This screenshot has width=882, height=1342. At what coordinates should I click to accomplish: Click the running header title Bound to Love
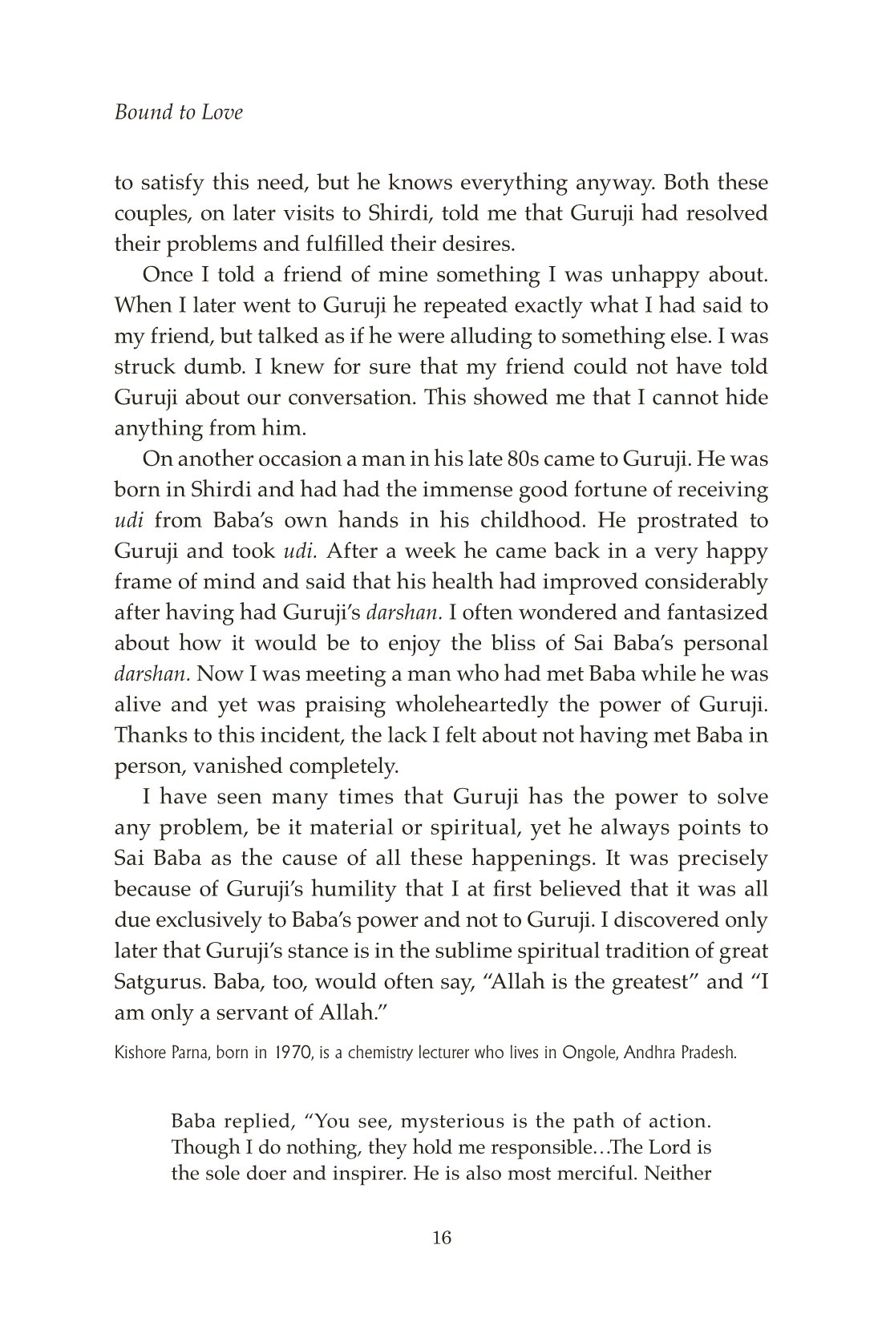click(178, 112)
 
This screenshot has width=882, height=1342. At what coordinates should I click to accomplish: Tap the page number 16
click(441, 1237)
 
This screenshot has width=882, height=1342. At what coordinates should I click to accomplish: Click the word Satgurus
click(160, 981)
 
